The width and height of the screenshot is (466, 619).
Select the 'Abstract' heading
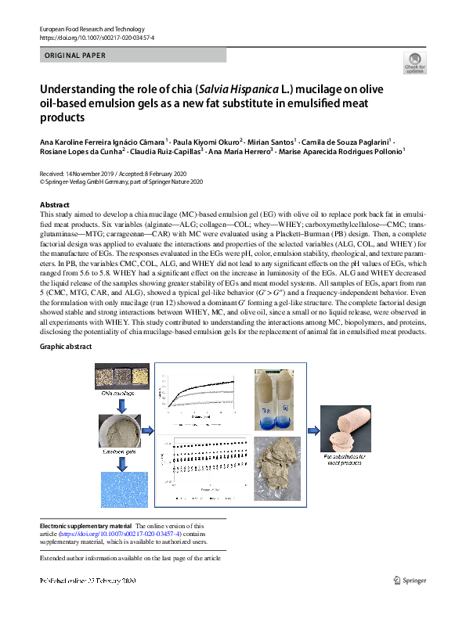pyautogui.click(x=55, y=203)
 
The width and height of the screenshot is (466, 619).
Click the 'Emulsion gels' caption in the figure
pyautogui.click(x=117, y=452)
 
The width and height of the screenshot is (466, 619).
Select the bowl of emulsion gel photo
pyautogui.click(x=117, y=427)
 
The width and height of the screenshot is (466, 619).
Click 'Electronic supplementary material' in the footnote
pyautogui.click(x=86, y=527)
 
